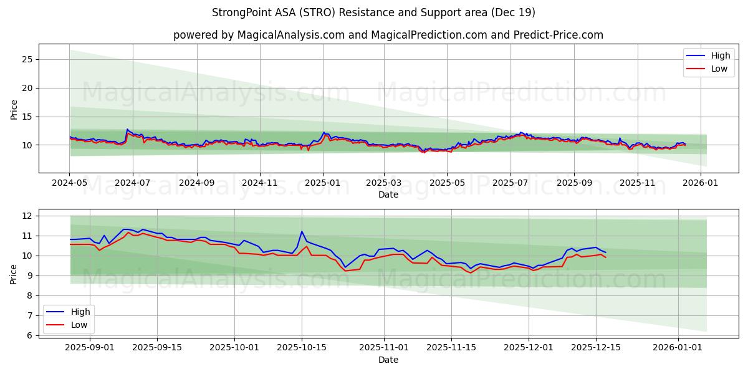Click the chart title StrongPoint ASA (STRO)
pyautogui.click(x=373, y=12)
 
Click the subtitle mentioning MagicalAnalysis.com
pyautogui.click(x=388, y=35)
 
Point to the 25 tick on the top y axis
pyautogui.click(x=27, y=59)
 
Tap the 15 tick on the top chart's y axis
pyautogui.click(x=27, y=117)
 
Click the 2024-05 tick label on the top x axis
pyautogui.click(x=70, y=184)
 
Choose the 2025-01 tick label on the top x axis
pyautogui.click(x=322, y=184)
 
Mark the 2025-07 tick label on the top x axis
pyautogui.click(x=510, y=184)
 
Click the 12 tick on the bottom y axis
pyautogui.click(x=27, y=216)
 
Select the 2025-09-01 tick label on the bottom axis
pyautogui.click(x=90, y=348)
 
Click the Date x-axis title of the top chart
pyautogui.click(x=388, y=194)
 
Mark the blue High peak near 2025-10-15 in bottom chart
pyautogui.click(x=302, y=231)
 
